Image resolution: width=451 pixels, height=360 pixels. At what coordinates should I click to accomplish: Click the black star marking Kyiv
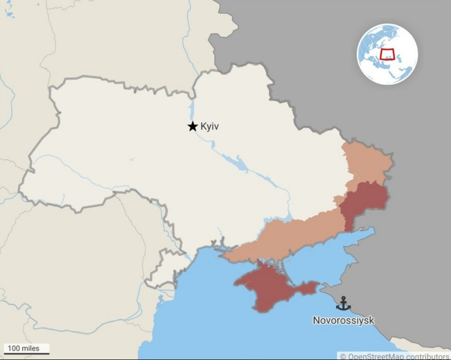193,126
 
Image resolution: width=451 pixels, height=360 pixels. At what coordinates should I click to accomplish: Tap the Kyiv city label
210,126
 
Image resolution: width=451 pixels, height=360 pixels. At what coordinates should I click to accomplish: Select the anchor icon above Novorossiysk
343,303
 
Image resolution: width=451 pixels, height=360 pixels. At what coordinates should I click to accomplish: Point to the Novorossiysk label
343,320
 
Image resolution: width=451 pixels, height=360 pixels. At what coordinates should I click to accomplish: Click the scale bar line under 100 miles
27,353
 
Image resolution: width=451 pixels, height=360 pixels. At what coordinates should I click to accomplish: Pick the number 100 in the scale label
14,348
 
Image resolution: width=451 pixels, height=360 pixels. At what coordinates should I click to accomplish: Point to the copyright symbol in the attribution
343,356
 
